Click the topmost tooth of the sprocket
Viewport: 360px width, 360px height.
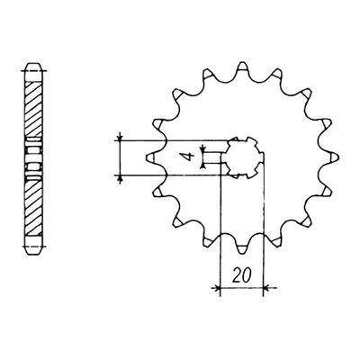tap(242, 69)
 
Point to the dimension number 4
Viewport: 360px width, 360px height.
tap(188, 157)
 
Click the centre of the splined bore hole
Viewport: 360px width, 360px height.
tap(242, 157)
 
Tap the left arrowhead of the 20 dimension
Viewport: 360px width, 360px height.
tap(216, 288)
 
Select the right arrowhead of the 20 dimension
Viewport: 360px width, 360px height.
tap(267, 288)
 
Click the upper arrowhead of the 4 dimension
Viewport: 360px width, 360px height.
tap(203, 148)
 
